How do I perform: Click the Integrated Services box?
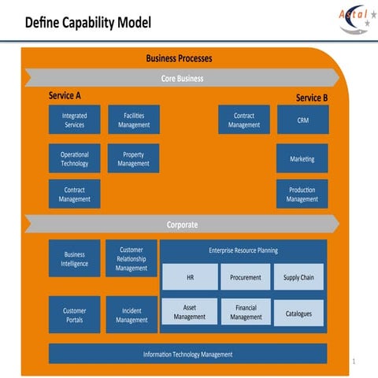(x=75, y=120)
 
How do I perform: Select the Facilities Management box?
(x=133, y=120)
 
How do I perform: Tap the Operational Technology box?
(x=75, y=158)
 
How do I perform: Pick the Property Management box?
(x=133, y=158)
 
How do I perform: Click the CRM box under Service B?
(x=302, y=120)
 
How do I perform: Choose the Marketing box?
(x=302, y=158)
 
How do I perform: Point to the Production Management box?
(x=302, y=195)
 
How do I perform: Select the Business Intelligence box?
(x=75, y=259)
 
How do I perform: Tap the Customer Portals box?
(x=75, y=315)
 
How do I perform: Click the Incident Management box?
(x=132, y=315)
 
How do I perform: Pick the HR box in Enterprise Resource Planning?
(x=191, y=277)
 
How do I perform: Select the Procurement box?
(x=246, y=277)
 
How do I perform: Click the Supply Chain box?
(x=298, y=277)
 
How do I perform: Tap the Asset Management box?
(x=190, y=312)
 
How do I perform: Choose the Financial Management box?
(x=246, y=312)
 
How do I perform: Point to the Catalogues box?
(x=298, y=313)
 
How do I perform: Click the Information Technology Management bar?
(x=187, y=354)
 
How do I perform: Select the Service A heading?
(x=65, y=95)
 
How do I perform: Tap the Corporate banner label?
(x=182, y=224)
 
